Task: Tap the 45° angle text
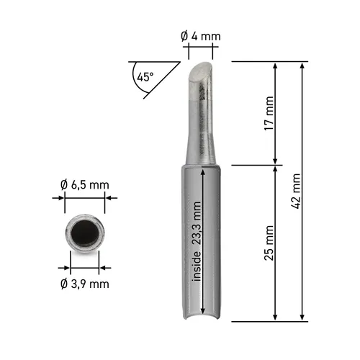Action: (146, 75)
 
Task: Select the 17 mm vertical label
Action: (269, 113)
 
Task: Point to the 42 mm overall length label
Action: (296, 191)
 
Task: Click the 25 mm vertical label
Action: (269, 243)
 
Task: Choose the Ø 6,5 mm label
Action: (85, 185)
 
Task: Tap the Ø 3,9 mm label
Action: (85, 284)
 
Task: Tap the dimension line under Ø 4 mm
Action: (201, 48)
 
